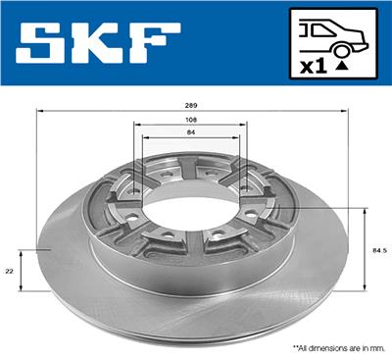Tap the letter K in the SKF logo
click(x=106, y=45)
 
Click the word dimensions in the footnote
click(x=329, y=347)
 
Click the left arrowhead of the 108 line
click(x=135, y=125)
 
